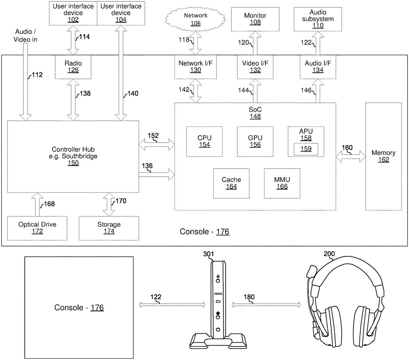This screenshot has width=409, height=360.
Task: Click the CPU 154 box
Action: point(204,141)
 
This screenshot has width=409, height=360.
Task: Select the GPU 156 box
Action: point(255,141)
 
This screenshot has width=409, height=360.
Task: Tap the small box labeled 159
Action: point(306,149)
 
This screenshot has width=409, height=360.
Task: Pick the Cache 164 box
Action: point(231,183)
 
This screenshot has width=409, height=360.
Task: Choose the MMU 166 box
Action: point(282,183)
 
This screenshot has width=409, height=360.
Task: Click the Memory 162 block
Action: point(383,156)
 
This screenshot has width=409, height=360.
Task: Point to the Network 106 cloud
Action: point(195,19)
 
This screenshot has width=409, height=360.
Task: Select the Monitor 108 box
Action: point(255,19)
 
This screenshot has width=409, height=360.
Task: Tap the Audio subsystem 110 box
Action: point(317,19)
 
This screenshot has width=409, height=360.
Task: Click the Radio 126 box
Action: point(73,66)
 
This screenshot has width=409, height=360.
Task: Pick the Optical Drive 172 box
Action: point(37,228)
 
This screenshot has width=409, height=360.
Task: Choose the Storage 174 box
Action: point(109,228)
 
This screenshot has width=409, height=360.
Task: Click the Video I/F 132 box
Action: point(255,66)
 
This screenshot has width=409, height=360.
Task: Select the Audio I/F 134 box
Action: point(318,66)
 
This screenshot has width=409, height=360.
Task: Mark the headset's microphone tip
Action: point(311,272)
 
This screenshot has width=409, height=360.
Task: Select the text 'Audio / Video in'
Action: point(25,35)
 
